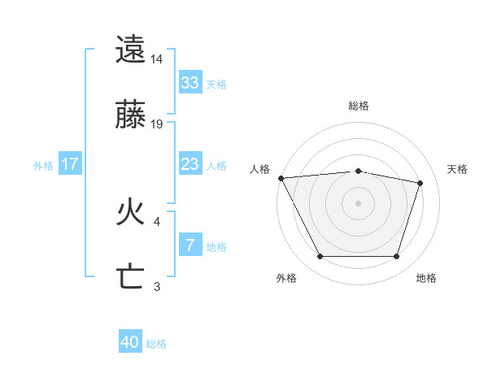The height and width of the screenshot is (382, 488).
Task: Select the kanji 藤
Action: click(131, 115)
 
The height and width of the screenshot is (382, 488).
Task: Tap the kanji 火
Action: click(131, 213)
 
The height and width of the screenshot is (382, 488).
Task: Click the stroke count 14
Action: click(157, 59)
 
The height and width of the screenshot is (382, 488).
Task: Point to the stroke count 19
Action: click(157, 124)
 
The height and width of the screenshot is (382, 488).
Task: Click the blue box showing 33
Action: click(190, 82)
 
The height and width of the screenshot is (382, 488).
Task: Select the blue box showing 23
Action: click(190, 164)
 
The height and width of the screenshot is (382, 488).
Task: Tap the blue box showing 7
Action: click(190, 245)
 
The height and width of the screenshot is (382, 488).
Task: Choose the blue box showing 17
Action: click(70, 164)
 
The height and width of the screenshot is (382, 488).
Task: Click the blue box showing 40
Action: click(130, 343)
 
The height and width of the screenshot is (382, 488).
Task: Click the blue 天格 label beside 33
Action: click(216, 84)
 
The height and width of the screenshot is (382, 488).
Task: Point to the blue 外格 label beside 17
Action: click(43, 165)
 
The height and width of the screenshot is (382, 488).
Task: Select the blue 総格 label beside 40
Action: click(156, 344)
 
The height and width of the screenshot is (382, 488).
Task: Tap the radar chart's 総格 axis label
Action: click(359, 106)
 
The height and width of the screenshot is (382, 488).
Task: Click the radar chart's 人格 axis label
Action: click(259, 169)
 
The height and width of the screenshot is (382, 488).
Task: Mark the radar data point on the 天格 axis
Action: click(420, 183)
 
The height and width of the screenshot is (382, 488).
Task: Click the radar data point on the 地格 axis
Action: click(396, 257)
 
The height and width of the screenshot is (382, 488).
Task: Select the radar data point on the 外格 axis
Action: click(320, 257)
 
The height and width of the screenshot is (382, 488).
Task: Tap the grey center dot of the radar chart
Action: click(359, 202)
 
